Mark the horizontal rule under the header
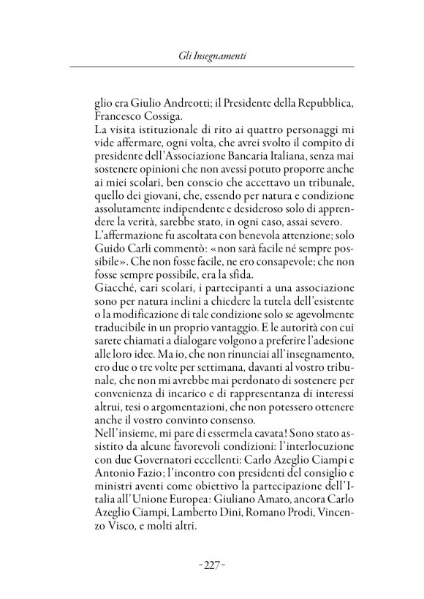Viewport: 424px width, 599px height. pyautogui.click(x=211, y=67)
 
